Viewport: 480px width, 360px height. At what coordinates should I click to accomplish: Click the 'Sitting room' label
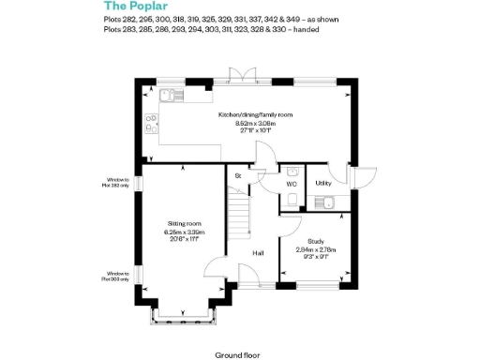pyautogui.click(x=184, y=224)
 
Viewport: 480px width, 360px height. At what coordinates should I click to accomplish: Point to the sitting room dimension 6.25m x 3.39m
pyautogui.click(x=184, y=232)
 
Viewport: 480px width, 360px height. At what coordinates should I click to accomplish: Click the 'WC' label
pyautogui.click(x=292, y=185)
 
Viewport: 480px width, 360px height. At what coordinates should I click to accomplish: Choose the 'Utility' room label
pyautogui.click(x=323, y=184)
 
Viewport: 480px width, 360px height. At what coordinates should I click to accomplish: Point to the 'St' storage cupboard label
pyautogui.click(x=238, y=175)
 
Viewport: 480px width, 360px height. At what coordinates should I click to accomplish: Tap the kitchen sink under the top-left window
pyautogui.click(x=168, y=94)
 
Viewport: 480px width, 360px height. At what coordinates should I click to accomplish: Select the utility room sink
pyautogui.click(x=327, y=201)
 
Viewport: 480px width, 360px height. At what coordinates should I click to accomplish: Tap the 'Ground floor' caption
pyautogui.click(x=236, y=355)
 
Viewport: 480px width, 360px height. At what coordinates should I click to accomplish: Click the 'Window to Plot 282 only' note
pyautogui.click(x=119, y=183)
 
